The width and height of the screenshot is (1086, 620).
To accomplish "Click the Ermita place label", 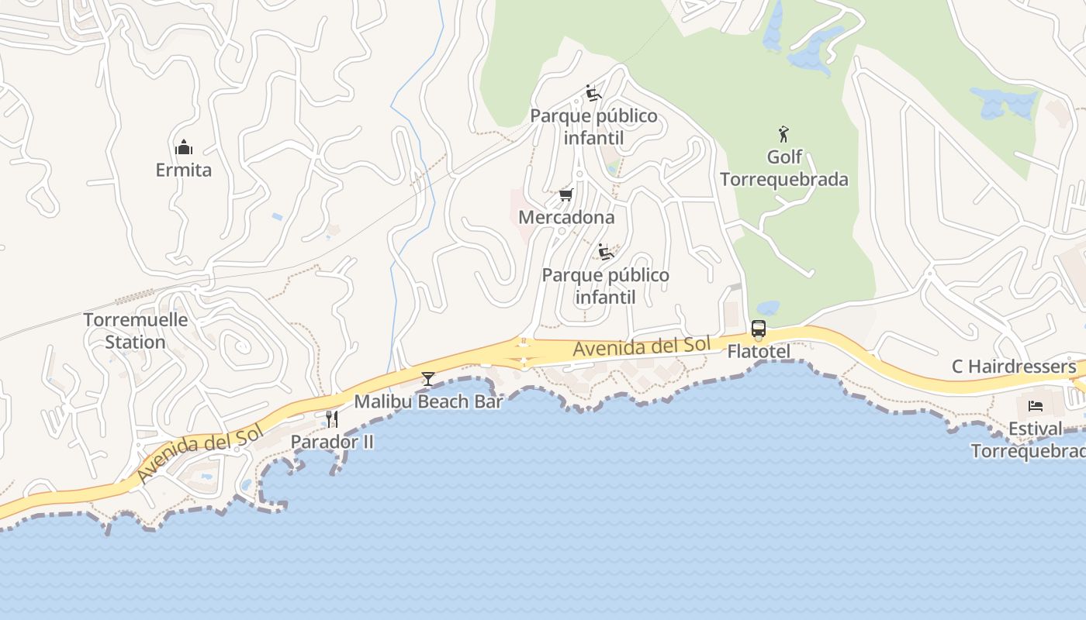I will click(183, 170).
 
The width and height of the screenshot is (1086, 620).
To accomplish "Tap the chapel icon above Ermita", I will click(184, 147).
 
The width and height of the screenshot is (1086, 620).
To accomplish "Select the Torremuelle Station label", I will click(136, 331).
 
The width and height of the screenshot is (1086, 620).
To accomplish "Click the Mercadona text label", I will click(566, 217).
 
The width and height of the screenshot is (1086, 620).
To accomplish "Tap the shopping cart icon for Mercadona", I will click(566, 195).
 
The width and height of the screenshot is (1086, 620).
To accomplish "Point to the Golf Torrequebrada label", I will click(784, 168).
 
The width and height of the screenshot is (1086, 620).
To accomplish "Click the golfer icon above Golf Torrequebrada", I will click(784, 134).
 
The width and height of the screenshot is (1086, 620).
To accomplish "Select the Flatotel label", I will click(759, 352).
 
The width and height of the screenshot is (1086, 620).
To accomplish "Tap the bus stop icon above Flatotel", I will click(759, 329).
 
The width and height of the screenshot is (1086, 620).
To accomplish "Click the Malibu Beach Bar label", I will click(428, 401).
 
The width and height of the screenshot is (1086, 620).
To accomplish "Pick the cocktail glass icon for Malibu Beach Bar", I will click(427, 379).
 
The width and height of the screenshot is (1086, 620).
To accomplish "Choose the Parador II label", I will click(332, 442).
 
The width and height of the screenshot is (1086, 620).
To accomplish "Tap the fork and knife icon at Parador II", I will click(332, 419).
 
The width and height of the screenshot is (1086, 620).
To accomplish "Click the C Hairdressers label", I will click(1014, 367).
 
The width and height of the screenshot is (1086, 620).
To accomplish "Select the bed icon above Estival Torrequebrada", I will click(1036, 405).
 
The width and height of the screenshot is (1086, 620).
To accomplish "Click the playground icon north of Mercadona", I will click(593, 94).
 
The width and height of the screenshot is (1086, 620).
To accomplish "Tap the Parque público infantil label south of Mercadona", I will click(605, 286).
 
